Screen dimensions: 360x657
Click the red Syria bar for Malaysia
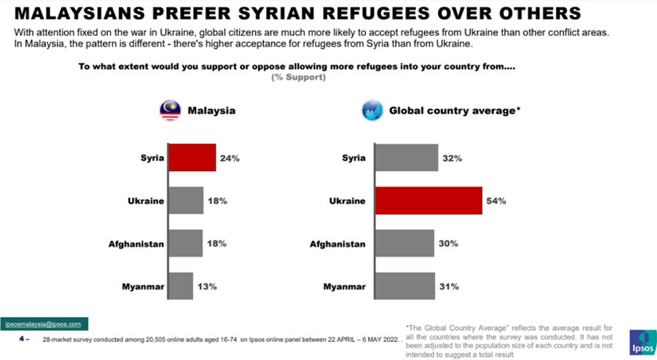(x=192, y=157)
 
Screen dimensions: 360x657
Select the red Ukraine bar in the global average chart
(x=429, y=200)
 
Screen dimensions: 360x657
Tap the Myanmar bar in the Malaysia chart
(x=181, y=286)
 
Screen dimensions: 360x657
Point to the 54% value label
(x=497, y=201)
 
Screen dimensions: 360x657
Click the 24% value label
(x=229, y=158)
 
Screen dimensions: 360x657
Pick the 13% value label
(x=206, y=286)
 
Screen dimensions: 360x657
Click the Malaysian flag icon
(x=170, y=110)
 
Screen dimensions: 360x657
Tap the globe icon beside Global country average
(x=372, y=110)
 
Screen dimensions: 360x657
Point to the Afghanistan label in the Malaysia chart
(x=136, y=244)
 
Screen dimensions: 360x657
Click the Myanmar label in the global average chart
(x=344, y=286)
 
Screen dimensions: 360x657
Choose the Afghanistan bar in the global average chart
(x=404, y=243)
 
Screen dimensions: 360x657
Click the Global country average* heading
(x=454, y=111)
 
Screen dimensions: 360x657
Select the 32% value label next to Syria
(x=452, y=158)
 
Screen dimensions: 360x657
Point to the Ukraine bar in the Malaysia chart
(x=186, y=200)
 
